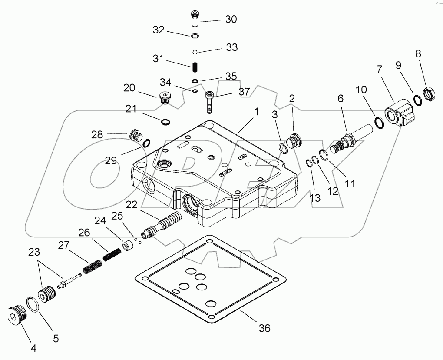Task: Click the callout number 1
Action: click(x=256, y=112)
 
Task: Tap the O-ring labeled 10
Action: click(x=378, y=123)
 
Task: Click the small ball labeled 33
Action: click(x=195, y=52)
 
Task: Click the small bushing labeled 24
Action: click(x=128, y=246)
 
